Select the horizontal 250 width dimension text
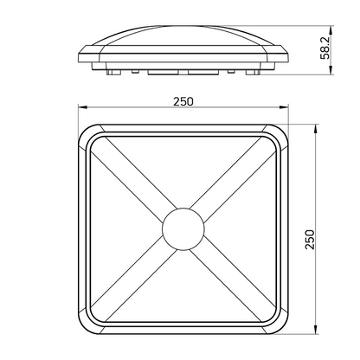183,100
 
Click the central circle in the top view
183,228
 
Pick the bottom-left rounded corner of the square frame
87,325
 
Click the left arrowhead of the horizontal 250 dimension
80,109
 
